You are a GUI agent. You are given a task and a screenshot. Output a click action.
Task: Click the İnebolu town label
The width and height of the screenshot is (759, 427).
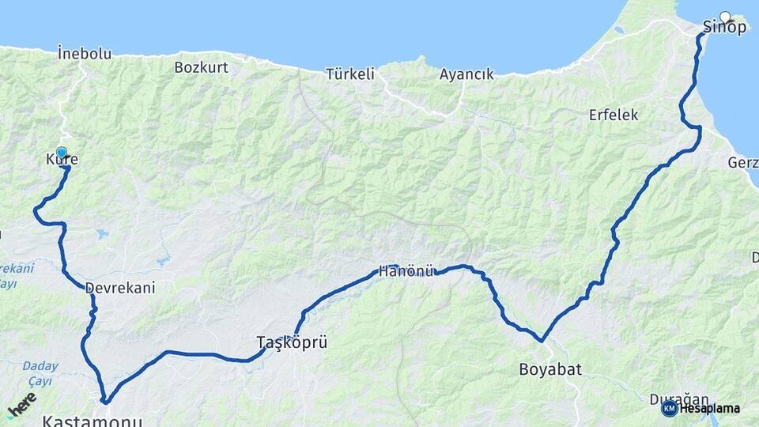[85, 54]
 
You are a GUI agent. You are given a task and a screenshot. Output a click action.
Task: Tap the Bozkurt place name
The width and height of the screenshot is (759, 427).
[201, 67]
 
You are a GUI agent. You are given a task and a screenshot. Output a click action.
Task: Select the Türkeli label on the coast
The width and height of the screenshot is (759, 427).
[349, 74]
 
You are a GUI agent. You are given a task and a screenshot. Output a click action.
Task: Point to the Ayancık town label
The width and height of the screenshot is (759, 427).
[466, 74]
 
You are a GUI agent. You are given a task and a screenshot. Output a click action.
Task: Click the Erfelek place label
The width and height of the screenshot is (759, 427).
[613, 115]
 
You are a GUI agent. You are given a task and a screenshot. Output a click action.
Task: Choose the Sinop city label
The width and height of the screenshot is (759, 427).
[724, 28]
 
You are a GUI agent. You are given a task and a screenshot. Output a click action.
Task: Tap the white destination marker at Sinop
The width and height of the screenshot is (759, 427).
[725, 16]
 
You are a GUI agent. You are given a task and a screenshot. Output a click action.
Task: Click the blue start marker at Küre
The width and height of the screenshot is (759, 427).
[62, 152]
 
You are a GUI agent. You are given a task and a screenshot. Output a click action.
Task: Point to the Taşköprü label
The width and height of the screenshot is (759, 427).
[292, 342]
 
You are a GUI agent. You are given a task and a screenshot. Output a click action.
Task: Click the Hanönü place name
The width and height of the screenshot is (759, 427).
[406, 271]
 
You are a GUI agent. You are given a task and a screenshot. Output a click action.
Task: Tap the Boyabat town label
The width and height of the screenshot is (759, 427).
[545, 368]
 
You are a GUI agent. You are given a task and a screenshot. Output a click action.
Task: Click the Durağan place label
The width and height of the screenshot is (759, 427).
[678, 399]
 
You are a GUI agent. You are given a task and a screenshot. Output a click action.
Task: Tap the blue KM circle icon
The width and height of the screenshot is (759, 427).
[669, 408]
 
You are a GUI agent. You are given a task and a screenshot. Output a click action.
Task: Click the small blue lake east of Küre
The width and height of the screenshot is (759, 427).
[100, 234]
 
